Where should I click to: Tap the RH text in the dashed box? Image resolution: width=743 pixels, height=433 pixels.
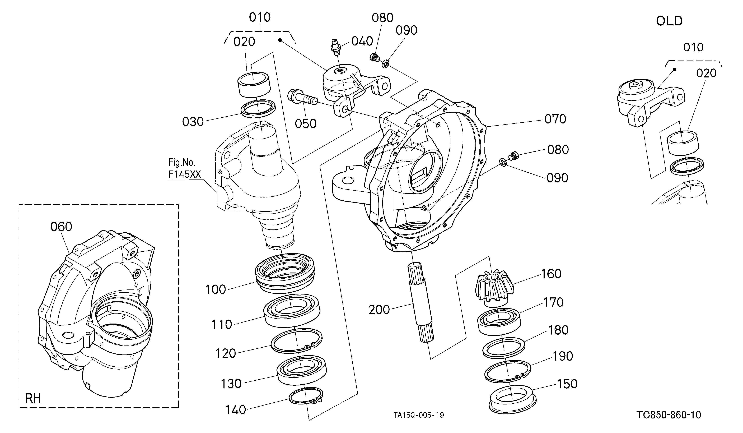point(33,398)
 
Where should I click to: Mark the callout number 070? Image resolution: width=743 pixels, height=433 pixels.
point(555,119)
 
